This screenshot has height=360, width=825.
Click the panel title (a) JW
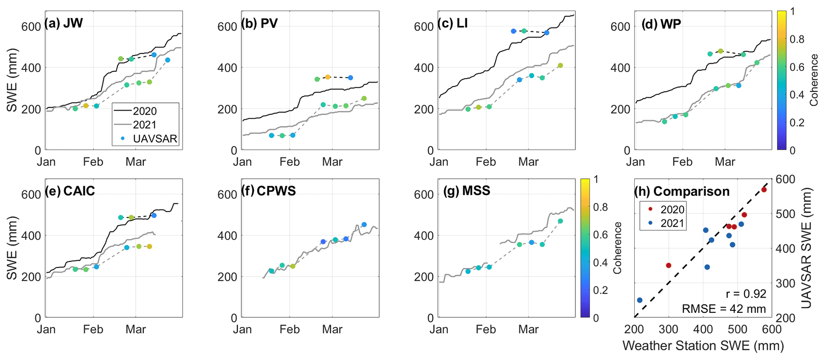coord(64,24)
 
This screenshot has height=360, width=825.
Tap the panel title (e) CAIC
coord(70,191)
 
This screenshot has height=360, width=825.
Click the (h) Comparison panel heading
coord(682,192)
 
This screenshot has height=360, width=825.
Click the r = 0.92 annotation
coord(746,294)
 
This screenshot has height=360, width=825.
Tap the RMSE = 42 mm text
coord(724,309)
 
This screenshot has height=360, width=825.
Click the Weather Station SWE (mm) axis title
coord(703,346)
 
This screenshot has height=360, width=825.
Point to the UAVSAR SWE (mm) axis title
coord(806,248)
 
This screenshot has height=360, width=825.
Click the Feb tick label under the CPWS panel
coord(289,329)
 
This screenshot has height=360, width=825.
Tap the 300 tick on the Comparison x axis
coord(669,329)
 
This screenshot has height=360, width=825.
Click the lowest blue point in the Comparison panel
coord(640,300)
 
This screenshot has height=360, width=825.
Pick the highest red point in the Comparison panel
coord(764,190)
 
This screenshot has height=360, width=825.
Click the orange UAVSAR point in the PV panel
coord(328,77)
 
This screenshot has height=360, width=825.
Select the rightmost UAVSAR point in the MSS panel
coord(560,221)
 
